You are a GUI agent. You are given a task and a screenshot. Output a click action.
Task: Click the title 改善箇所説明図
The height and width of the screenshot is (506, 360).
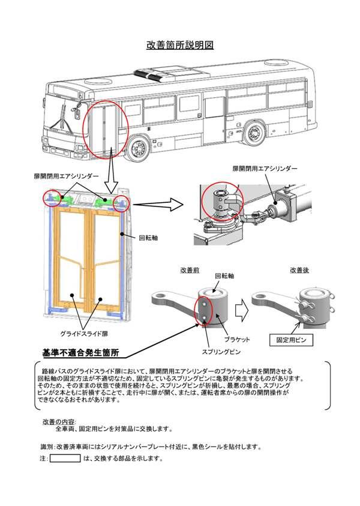click(x=180, y=45)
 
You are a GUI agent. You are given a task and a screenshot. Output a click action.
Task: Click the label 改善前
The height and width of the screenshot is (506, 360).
click(x=190, y=270)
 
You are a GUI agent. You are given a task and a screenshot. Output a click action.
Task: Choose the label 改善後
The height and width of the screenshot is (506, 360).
click(x=299, y=270)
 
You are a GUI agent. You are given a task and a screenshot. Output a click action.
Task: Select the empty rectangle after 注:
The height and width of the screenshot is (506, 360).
click(x=65, y=459)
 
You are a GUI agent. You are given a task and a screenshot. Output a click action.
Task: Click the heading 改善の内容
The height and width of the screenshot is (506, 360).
click(x=63, y=421)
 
